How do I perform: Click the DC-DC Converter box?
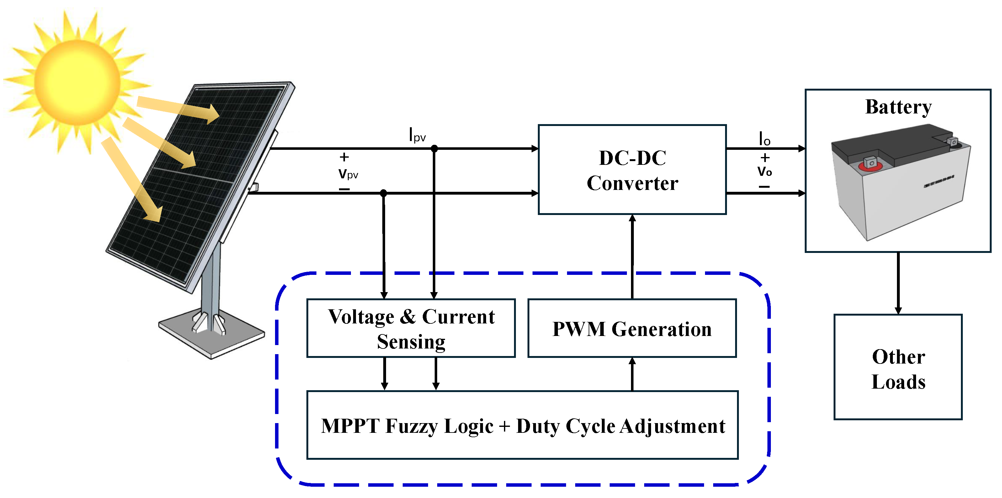[632, 170]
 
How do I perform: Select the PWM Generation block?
[632, 328]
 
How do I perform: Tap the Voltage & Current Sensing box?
[411, 328]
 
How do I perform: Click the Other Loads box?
[898, 367]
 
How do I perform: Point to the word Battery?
[898, 107]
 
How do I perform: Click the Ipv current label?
[417, 135]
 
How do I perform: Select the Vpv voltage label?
[348, 173]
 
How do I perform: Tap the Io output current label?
[764, 139]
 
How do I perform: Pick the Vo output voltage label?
[764, 171]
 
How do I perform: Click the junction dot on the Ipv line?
[434, 149]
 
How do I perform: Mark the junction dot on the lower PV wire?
[383, 193]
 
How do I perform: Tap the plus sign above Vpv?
[344, 157]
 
